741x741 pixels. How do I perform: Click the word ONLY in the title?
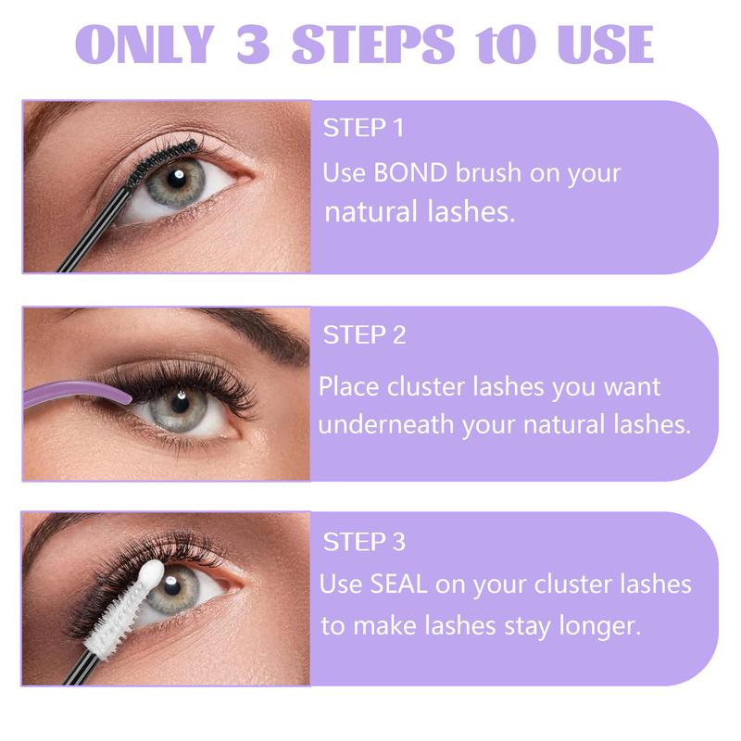point(145,44)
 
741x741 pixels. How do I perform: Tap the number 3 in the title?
point(253,44)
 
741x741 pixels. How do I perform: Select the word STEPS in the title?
point(373,44)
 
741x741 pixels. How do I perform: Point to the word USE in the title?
point(606,44)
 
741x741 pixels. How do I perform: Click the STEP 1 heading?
point(363,128)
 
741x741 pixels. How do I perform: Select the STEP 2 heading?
point(364,335)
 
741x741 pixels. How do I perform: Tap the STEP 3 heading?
point(364,542)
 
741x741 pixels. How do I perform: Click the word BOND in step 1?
point(410,172)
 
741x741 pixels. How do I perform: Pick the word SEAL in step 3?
point(399,584)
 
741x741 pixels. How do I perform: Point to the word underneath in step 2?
point(385,424)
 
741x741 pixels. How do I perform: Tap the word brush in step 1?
point(488,172)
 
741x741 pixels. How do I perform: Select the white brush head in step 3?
point(125,609)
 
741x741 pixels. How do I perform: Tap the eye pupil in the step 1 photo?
point(177,179)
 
